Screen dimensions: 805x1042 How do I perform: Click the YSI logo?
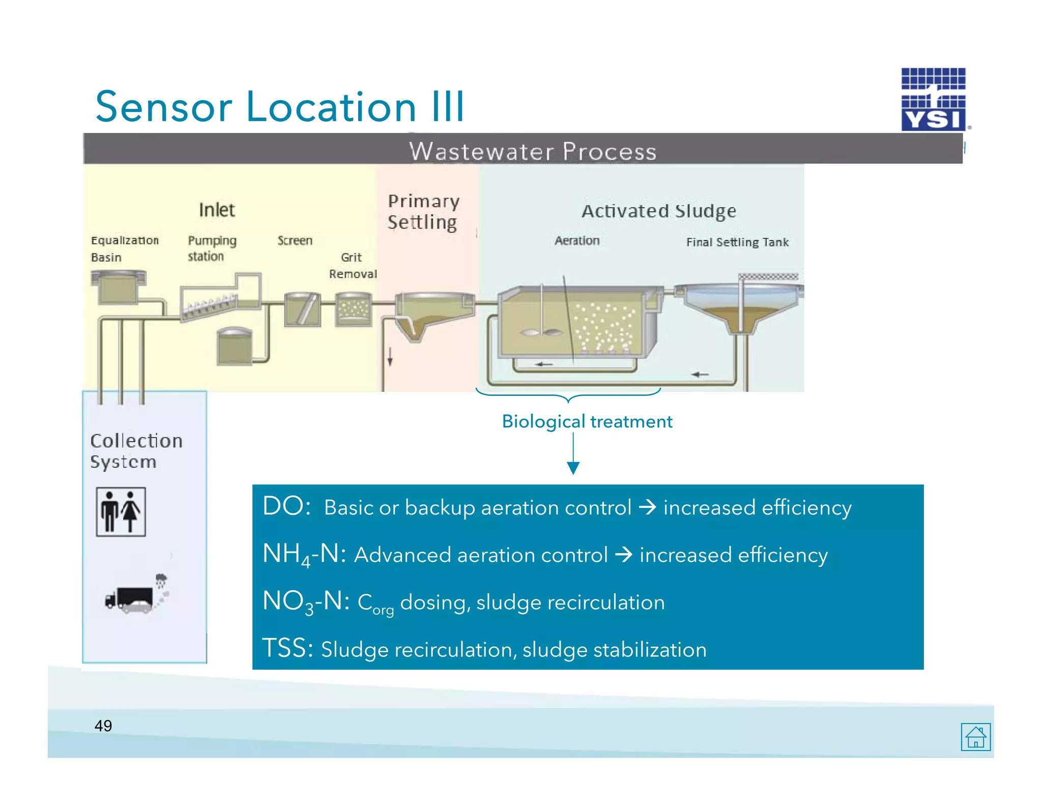tap(933, 100)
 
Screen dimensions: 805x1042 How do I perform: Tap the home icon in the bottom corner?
tap(975, 736)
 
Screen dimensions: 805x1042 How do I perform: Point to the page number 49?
tap(103, 726)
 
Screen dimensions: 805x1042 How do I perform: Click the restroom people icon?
tap(121, 511)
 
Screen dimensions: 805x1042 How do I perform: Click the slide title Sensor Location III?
tap(279, 107)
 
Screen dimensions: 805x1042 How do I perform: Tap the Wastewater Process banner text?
tap(533, 151)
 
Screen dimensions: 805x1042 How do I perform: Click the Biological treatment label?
tap(587, 421)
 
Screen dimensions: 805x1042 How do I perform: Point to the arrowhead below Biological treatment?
tap(573, 468)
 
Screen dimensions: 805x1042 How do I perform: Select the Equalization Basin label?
tap(124, 248)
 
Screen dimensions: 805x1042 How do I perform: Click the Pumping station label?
tap(212, 248)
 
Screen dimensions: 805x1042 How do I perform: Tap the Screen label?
tap(295, 240)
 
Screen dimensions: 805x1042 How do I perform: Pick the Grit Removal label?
tap(353, 265)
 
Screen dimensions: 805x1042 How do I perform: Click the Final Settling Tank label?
tap(737, 242)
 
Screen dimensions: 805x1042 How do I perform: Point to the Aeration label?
tap(577, 240)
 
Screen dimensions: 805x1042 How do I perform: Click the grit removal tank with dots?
tap(353, 309)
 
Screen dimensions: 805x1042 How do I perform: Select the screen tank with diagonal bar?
tap(302, 309)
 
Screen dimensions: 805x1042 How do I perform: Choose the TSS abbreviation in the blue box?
tap(287, 649)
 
